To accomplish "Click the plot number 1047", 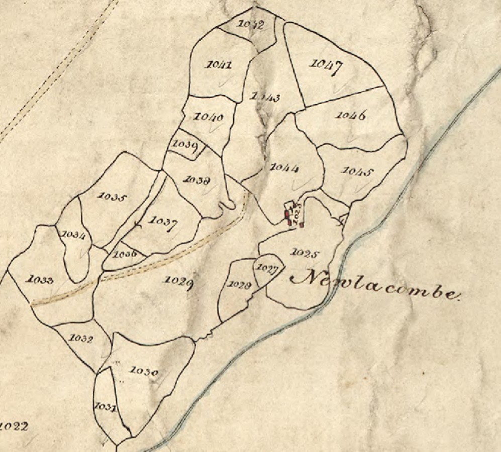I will [326, 66].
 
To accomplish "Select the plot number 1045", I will [358, 172].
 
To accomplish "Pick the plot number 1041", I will [219, 65].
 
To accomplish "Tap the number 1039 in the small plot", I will [184, 145].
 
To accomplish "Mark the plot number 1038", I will [197, 179].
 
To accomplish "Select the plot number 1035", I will [111, 197].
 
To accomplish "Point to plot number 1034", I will [73, 235].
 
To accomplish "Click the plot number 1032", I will [81, 339].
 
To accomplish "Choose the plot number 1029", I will [178, 281].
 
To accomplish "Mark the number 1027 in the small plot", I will [267, 268].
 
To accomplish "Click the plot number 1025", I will [305, 254].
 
